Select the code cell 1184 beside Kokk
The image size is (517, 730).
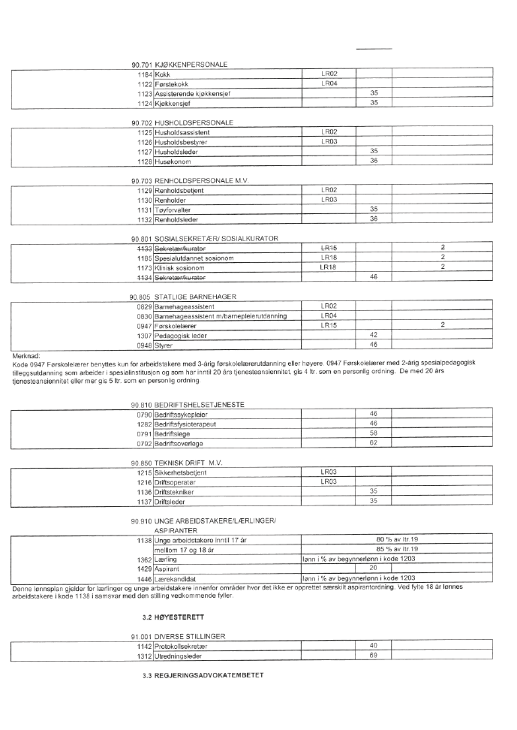146,74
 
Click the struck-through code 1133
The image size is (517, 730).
145,248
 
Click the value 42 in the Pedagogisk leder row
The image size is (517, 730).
373,335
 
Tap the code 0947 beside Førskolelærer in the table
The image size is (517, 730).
145,325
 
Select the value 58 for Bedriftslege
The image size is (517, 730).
373,432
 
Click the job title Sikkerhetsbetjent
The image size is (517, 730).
181,472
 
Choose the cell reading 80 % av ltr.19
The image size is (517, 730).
396,539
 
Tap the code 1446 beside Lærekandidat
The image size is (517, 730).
145,578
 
